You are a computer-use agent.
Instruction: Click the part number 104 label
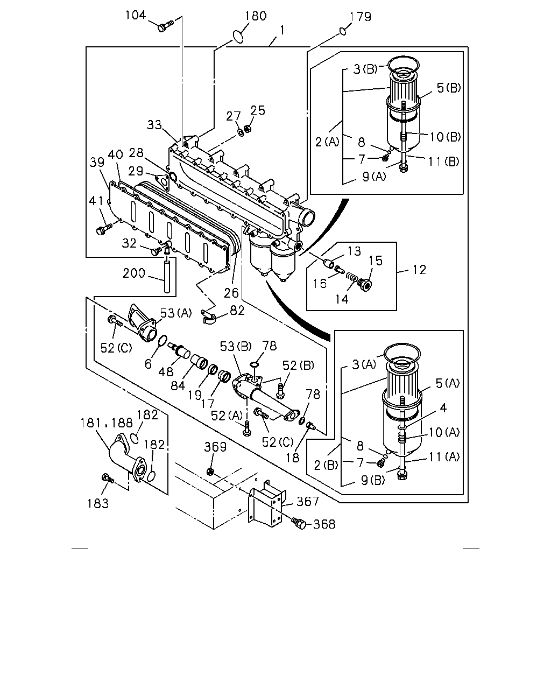[136, 15]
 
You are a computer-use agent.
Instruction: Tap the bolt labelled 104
[165, 26]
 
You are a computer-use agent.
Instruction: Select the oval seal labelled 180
[238, 36]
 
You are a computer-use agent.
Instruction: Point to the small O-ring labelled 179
[343, 31]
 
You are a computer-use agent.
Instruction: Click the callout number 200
[134, 273]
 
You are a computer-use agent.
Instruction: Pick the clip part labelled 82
[208, 316]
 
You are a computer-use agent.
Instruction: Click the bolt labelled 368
[300, 524]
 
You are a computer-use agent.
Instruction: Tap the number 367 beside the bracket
[308, 501]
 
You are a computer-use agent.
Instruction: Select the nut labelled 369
[210, 471]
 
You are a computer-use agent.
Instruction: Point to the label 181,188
[107, 423]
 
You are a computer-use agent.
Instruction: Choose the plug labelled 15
[364, 284]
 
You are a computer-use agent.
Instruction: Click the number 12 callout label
[419, 270]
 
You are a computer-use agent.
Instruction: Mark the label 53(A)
[176, 313]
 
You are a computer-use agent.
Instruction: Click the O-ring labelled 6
[163, 341]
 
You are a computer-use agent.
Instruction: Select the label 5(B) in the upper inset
[449, 88]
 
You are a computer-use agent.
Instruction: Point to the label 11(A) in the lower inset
[444, 456]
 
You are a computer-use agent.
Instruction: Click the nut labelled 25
[247, 129]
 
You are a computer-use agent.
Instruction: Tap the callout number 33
[154, 125]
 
